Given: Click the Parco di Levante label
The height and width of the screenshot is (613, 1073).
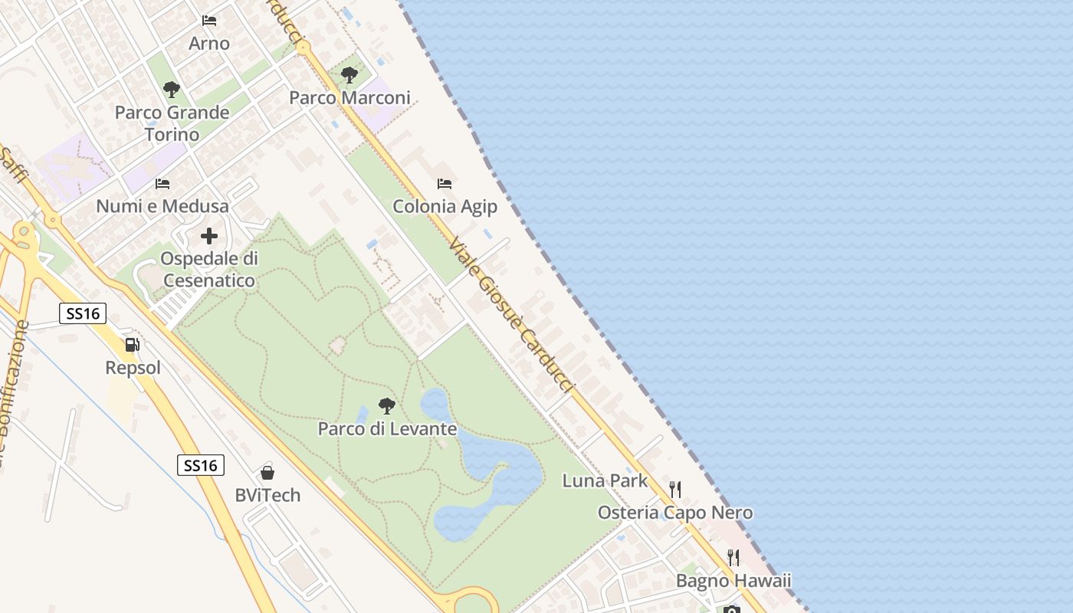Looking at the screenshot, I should point(387,429).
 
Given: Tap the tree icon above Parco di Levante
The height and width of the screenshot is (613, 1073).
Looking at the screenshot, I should point(387,405).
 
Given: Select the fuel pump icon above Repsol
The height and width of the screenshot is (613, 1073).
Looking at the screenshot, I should point(133,345).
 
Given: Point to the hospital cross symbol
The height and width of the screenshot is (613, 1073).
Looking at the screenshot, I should point(209,236).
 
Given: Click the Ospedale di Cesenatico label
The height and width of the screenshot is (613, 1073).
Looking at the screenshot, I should point(209,270).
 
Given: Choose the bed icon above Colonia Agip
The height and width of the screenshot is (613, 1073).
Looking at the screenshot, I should point(445,184).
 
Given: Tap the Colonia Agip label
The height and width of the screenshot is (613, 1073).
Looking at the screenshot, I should point(445,207).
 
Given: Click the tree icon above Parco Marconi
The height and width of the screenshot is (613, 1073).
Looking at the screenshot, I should point(349,75).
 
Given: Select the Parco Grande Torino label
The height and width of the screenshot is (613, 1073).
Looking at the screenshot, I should point(172,123).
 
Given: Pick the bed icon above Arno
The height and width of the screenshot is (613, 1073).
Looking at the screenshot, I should point(209,21).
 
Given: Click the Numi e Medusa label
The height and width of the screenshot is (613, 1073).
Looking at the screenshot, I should point(162,206).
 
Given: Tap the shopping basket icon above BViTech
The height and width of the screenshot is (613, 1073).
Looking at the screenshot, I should point(267,472).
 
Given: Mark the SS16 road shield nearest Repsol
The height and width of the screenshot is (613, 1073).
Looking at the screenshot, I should point(82,313).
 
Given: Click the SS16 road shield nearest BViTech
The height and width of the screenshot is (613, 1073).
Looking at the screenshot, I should point(201,465).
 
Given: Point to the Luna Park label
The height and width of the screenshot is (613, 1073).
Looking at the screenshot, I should point(605,481).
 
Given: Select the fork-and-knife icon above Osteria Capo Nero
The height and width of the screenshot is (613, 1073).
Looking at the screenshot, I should point(675,489).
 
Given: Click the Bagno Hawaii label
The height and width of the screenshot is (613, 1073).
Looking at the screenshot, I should point(733,581).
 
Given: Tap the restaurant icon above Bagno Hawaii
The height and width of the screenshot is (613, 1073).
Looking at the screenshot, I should point(733,557).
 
